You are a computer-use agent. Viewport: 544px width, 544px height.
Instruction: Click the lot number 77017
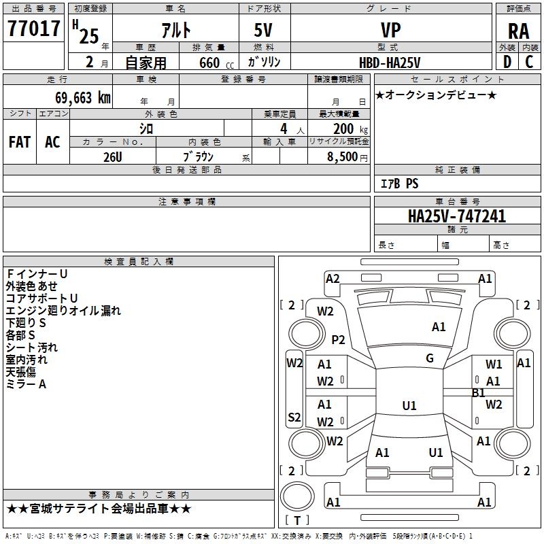(33, 29)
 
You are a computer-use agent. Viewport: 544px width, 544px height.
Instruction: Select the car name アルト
(176, 30)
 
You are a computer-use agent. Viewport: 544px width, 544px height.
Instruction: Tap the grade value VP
(390, 30)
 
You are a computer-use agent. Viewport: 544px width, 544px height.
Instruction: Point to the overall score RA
(518, 31)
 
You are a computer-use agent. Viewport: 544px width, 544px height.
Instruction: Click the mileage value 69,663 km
(83, 98)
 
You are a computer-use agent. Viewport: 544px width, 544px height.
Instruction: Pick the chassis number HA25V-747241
(457, 216)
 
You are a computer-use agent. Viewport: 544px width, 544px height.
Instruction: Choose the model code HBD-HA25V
(390, 63)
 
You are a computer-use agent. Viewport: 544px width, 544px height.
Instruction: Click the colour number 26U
(113, 157)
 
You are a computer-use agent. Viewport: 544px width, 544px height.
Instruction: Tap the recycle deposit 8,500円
(347, 157)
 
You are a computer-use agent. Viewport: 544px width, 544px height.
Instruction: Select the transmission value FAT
(20, 142)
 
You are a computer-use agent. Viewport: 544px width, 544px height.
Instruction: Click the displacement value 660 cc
(216, 63)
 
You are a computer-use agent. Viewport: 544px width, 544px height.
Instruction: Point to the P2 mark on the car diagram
(338, 339)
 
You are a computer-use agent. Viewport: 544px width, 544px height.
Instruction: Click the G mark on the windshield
(430, 358)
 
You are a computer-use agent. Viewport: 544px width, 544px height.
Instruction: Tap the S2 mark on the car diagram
(294, 417)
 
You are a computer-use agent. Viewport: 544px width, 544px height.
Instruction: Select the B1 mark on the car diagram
(479, 393)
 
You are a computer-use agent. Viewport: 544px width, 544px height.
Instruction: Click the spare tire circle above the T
(297, 496)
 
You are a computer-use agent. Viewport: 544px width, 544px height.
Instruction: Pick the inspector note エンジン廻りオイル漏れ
(63, 311)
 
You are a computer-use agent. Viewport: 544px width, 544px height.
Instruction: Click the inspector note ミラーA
(26, 384)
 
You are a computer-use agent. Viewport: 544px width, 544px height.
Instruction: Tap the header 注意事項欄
(187, 201)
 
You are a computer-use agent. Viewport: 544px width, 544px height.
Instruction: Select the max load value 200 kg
(350, 129)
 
